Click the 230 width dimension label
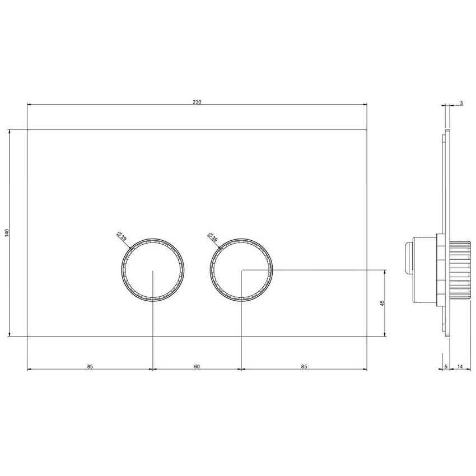click(x=197, y=102)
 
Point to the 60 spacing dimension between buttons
click(x=197, y=367)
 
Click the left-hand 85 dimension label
click(x=90, y=367)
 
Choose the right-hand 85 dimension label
click(x=304, y=367)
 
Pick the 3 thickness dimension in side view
click(x=460, y=103)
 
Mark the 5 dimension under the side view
click(x=445, y=367)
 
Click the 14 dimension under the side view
click(x=460, y=367)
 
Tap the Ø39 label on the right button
click(x=212, y=236)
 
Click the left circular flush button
click(x=152, y=269)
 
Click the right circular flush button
click(x=241, y=269)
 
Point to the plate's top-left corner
click(x=27, y=129)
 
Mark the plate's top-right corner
click(x=366, y=129)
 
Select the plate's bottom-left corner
click(x=27, y=337)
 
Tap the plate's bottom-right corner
click(x=366, y=337)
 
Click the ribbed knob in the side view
click(x=459, y=269)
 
